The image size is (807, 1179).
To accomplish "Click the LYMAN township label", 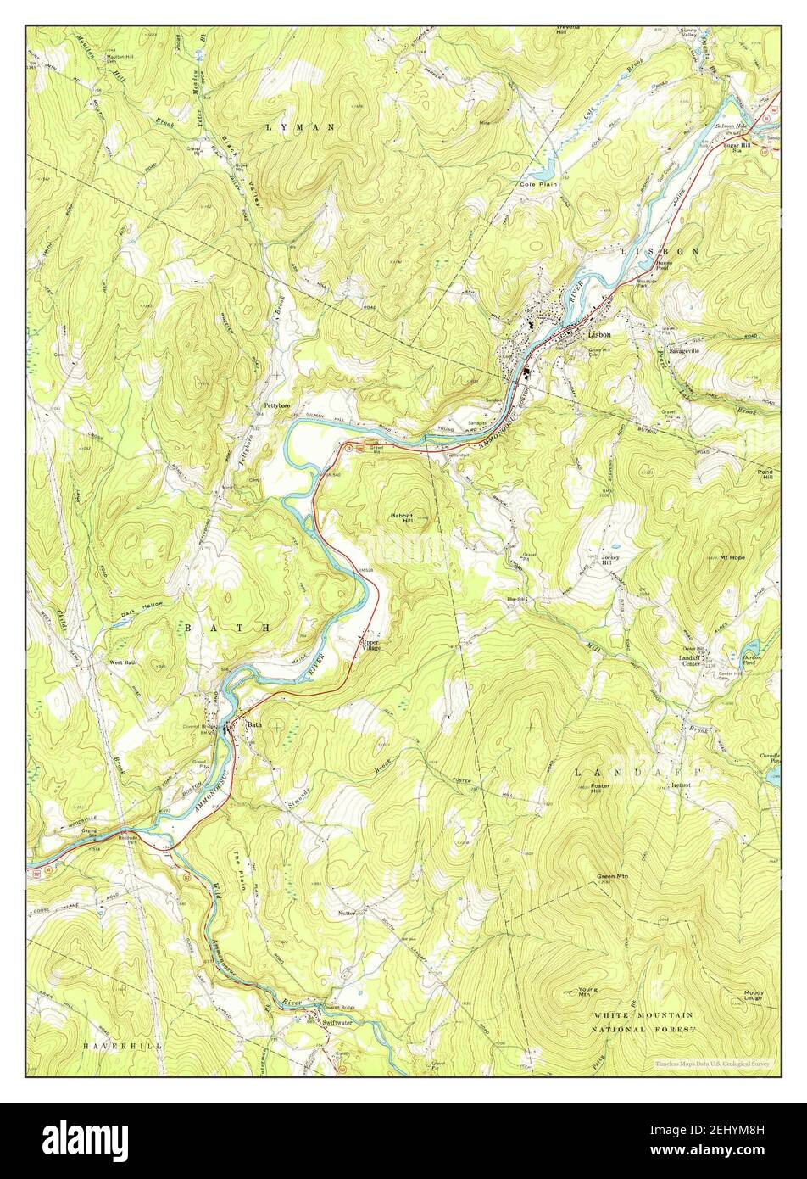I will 299,126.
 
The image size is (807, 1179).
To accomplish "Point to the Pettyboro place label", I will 275,406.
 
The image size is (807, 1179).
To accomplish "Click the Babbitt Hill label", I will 401,517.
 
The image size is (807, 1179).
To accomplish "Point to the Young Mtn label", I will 588,991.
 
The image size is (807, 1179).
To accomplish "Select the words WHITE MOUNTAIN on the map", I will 643,1015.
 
